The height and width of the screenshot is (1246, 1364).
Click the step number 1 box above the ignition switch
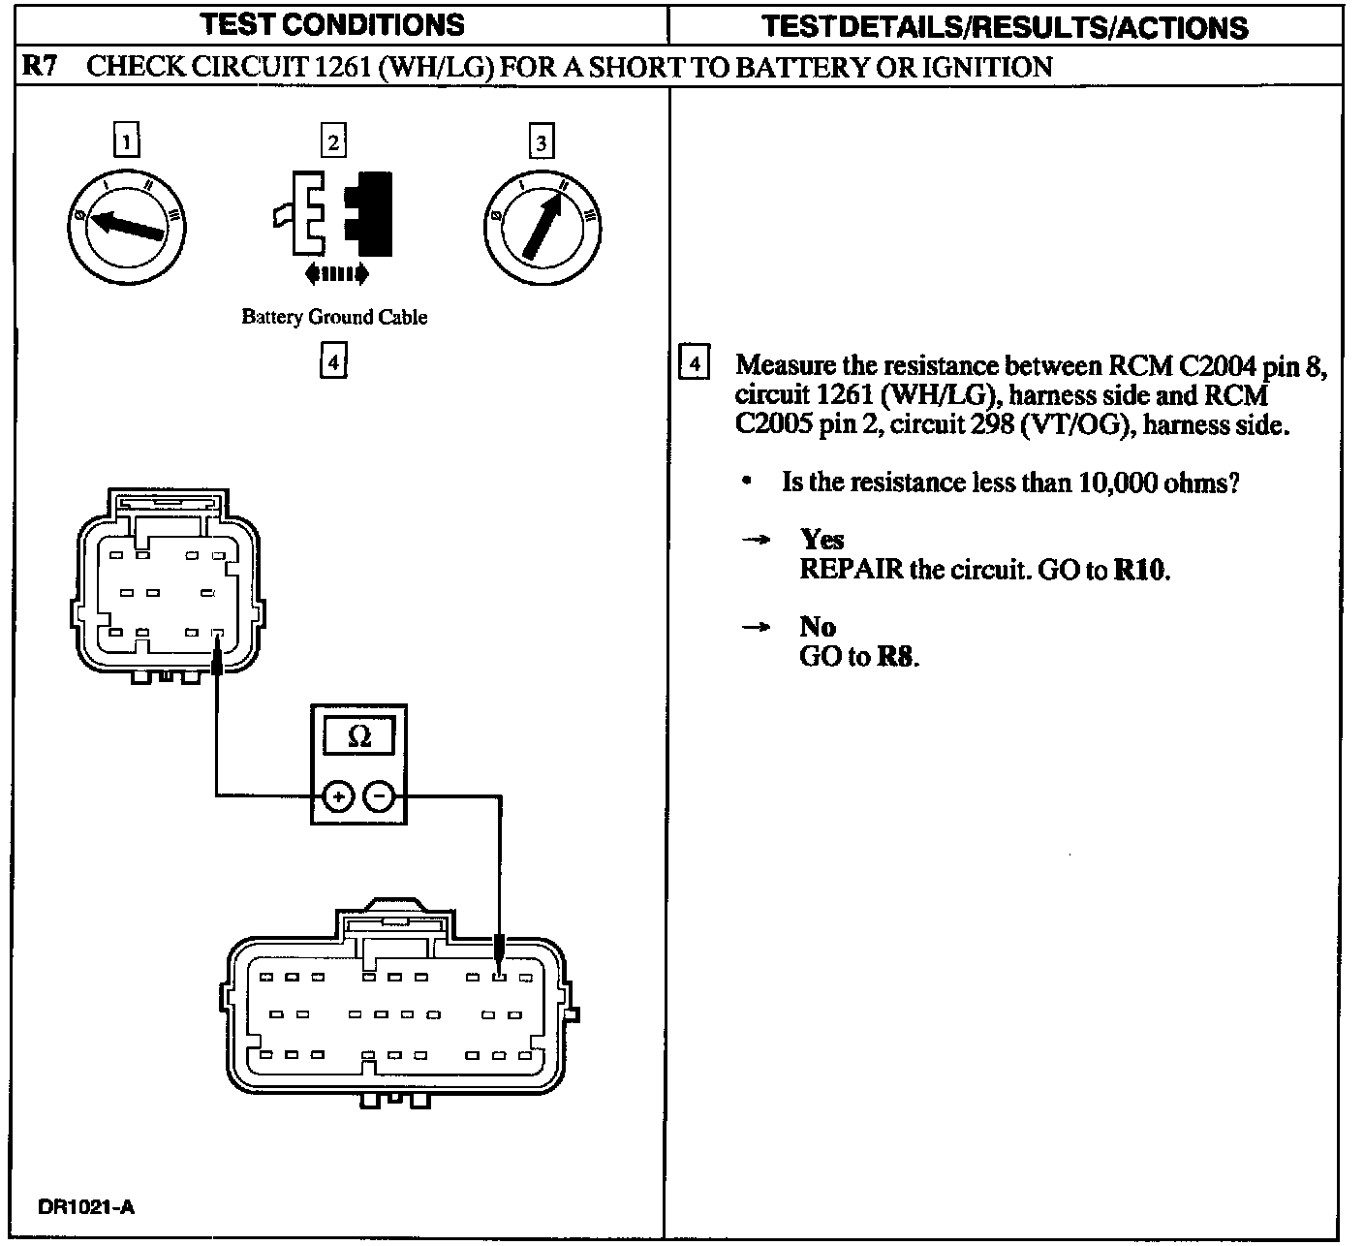[x=126, y=141]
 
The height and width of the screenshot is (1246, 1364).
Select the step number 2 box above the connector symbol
[x=333, y=141]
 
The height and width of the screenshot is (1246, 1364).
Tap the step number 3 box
[x=541, y=143]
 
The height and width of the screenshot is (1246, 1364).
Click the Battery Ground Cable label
[x=334, y=317]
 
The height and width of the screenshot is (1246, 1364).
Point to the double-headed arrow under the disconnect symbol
[x=336, y=275]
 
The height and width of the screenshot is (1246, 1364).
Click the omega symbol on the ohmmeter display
[x=358, y=736]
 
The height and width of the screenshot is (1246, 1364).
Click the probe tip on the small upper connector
[x=217, y=661]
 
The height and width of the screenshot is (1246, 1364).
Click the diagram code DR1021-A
[x=86, y=1207]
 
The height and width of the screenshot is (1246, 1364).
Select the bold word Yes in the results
[x=821, y=540]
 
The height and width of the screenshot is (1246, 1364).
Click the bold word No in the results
[x=818, y=627]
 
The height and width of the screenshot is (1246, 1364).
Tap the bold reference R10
[x=1140, y=570]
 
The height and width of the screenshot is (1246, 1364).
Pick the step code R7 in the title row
[x=40, y=66]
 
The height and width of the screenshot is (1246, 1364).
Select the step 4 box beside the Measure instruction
[x=694, y=364]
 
